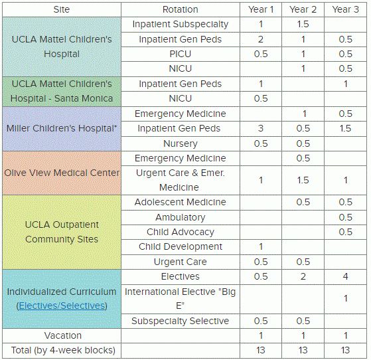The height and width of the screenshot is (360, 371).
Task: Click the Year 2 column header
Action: pyautogui.click(x=303, y=9)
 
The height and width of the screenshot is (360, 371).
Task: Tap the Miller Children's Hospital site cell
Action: pyautogui.click(x=61, y=128)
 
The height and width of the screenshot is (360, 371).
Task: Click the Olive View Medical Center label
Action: pyautogui.click(x=61, y=173)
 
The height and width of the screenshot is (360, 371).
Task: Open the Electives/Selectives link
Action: pyautogui.click(x=61, y=306)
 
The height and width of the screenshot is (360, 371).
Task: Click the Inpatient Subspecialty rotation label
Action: pyautogui.click(x=180, y=25)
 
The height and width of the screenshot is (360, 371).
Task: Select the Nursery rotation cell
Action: pyautogui.click(x=180, y=143)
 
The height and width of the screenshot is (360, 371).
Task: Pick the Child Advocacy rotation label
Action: pyautogui.click(x=180, y=232)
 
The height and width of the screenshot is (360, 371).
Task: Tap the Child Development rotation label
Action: pyautogui.click(x=180, y=246)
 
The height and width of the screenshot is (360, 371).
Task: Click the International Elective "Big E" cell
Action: pyautogui.click(x=180, y=298)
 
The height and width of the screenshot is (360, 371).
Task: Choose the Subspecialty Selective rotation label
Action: pyautogui.click(x=180, y=321)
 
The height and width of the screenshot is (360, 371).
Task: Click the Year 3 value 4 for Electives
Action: pyautogui.click(x=345, y=276)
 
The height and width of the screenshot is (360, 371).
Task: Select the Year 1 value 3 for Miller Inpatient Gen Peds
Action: pyautogui.click(x=261, y=128)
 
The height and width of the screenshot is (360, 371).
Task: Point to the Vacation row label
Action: pyautogui.click(x=61, y=335)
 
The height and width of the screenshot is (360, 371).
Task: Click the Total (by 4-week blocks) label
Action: pyautogui.click(x=61, y=350)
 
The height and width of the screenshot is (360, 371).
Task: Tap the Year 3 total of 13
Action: pyautogui.click(x=345, y=350)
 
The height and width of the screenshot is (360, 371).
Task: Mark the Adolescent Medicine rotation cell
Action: pyautogui.click(x=180, y=202)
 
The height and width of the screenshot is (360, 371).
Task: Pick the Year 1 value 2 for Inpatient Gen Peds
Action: pyautogui.click(x=261, y=39)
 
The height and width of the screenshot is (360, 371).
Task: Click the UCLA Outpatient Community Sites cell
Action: pyautogui.click(x=61, y=232)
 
